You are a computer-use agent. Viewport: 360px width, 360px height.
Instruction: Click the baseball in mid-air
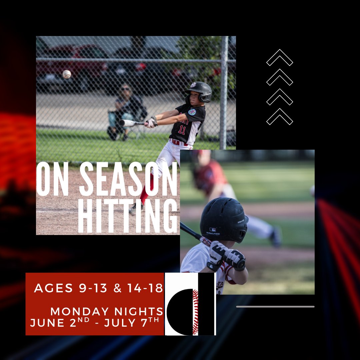[67, 74]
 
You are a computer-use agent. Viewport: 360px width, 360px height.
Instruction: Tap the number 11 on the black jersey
[182, 129]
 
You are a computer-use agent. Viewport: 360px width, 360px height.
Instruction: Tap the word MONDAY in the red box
[79, 312]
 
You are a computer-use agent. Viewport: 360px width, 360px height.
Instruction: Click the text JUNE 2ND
[57, 323]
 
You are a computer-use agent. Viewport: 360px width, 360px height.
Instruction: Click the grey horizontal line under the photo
[275, 306]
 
